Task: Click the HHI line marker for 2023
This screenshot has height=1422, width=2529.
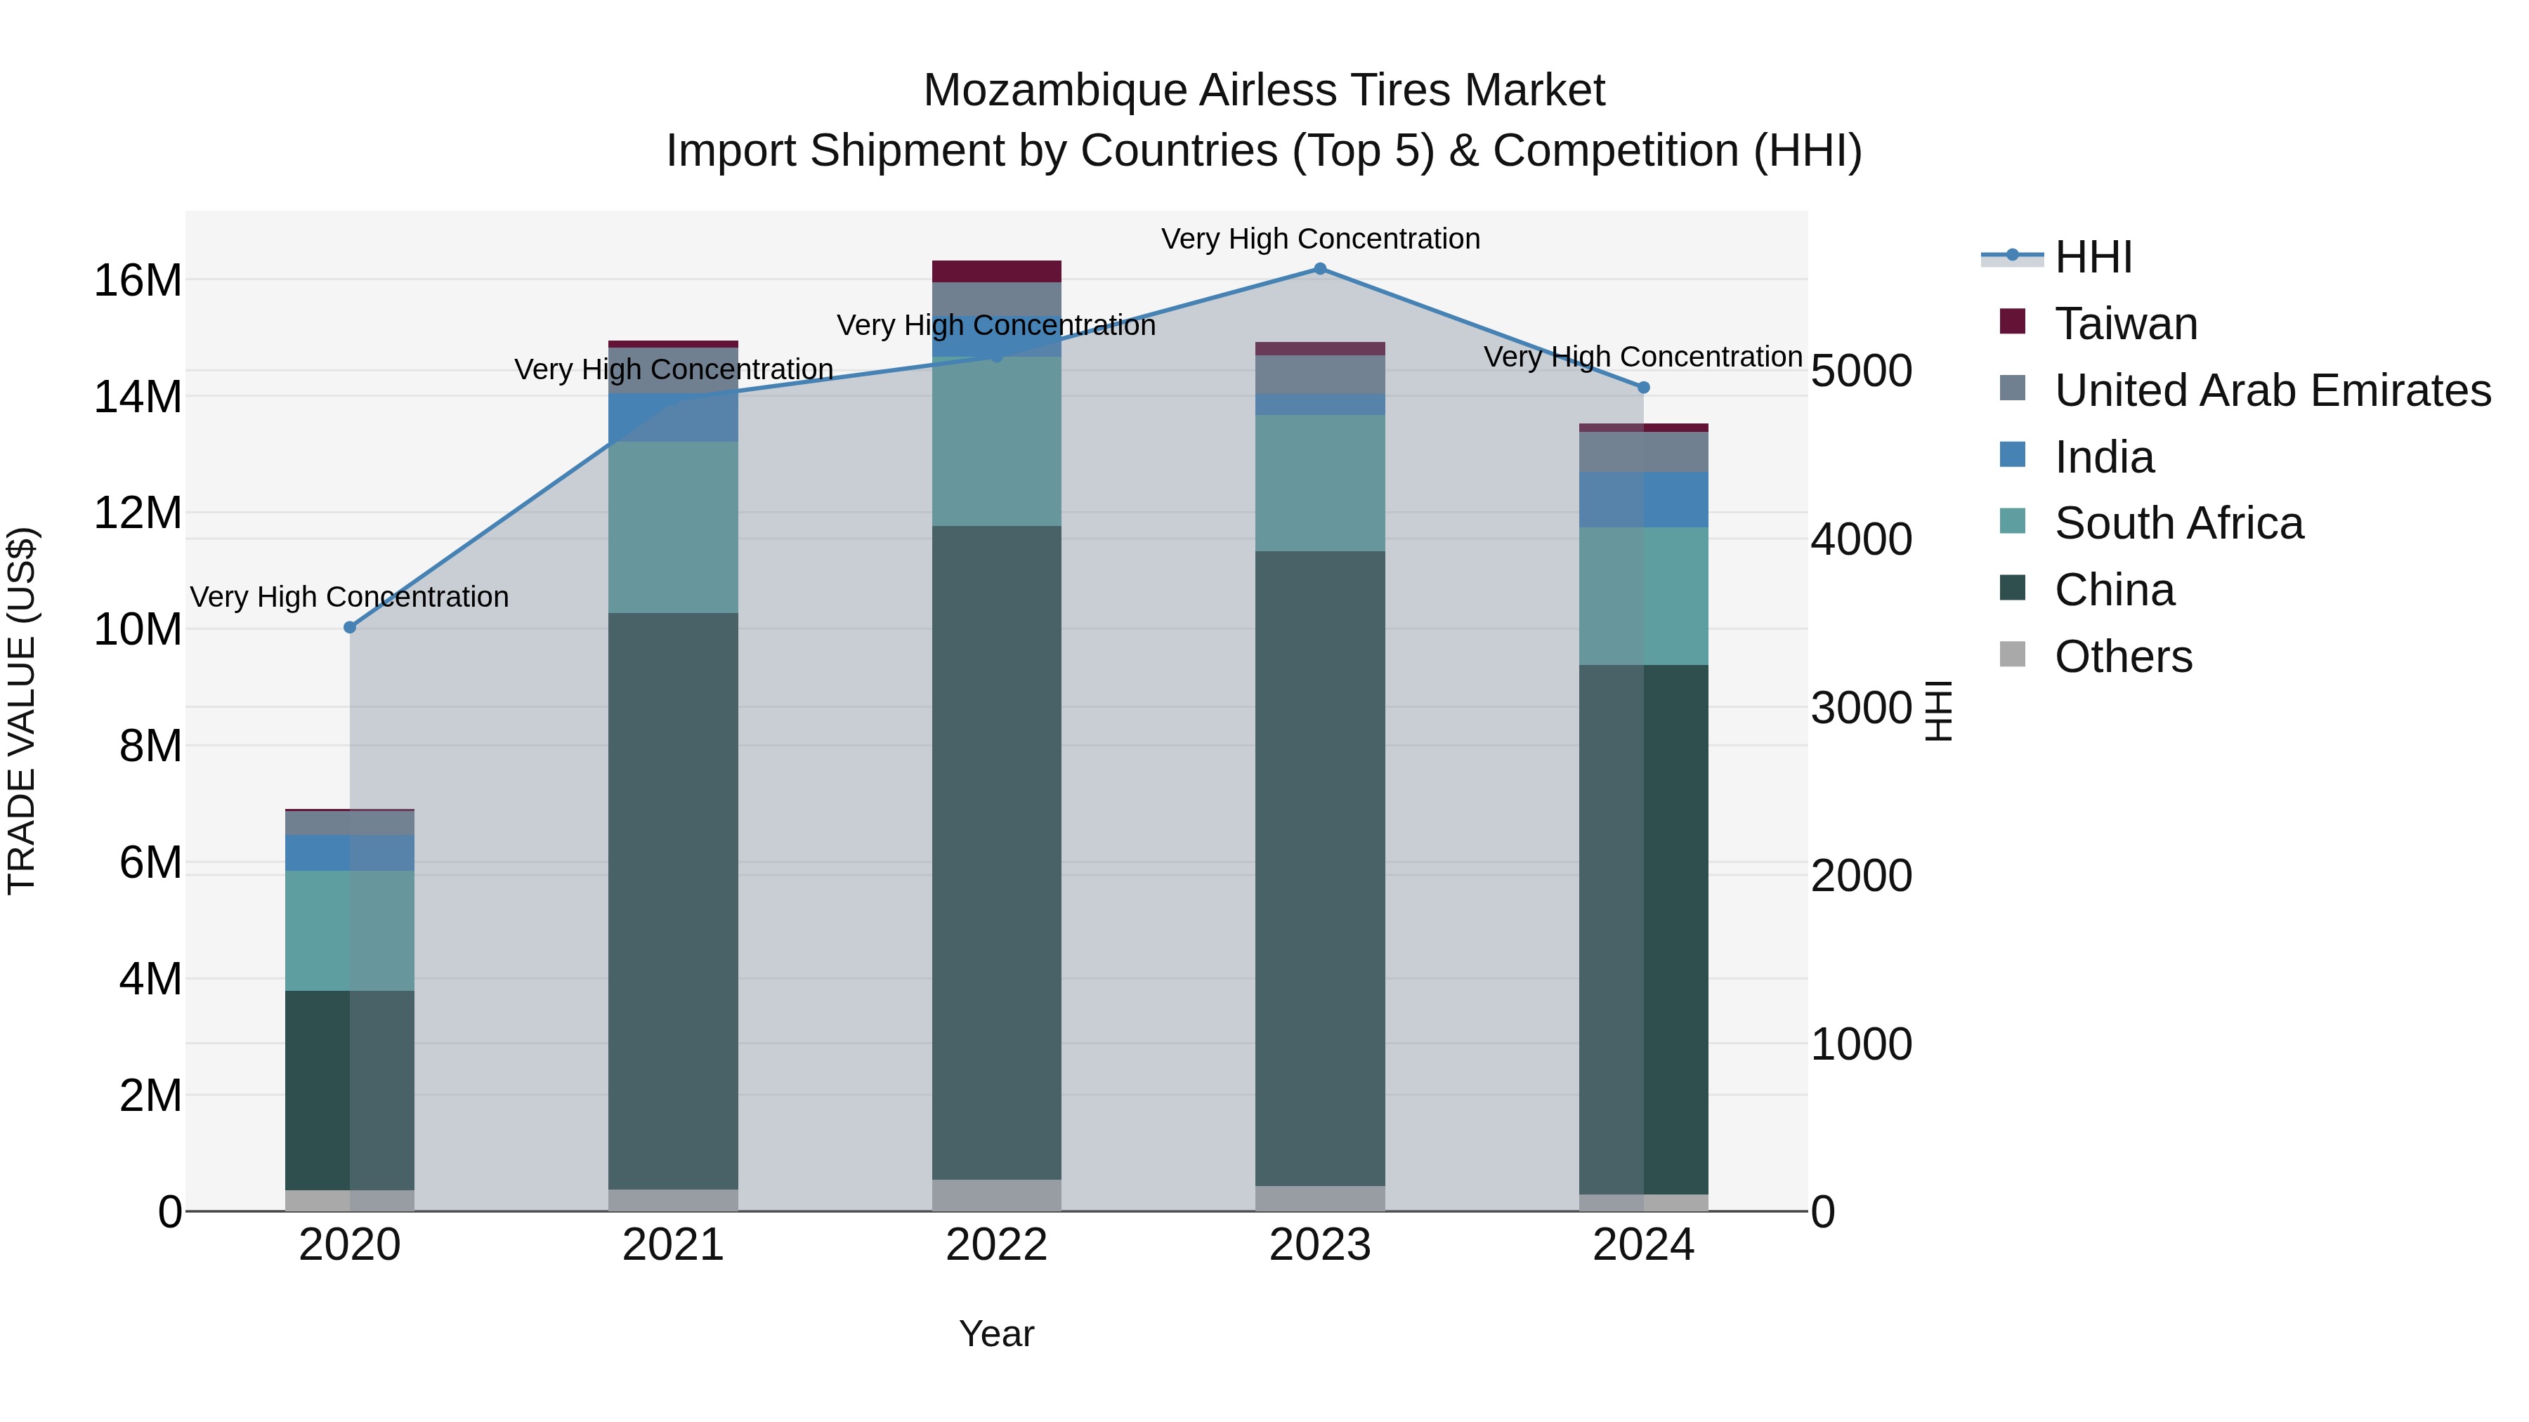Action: [1319, 269]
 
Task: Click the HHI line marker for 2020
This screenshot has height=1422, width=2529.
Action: [350, 627]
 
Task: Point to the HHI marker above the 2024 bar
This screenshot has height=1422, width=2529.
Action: [1643, 388]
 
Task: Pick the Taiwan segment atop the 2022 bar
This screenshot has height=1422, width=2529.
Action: [996, 272]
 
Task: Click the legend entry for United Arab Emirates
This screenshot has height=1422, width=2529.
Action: [2272, 390]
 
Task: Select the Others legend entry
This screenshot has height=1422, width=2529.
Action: [2122, 657]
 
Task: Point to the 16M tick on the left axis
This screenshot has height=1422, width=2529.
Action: [138, 281]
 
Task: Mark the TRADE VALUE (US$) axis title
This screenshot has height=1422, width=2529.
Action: [22, 711]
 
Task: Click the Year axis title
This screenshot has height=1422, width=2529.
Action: [995, 1334]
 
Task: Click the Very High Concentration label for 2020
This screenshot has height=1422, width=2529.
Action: [350, 597]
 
